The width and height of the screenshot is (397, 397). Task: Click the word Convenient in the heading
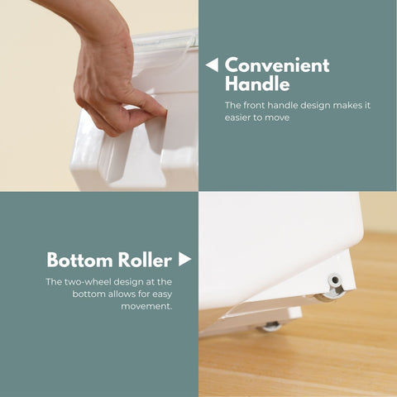coord(277,65)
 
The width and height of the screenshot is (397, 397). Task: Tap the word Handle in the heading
coord(257,84)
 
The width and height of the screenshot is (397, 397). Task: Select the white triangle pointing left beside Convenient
coord(212,65)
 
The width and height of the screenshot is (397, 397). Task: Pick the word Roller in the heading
coord(146,260)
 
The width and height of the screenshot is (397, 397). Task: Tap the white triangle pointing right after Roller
coord(184,259)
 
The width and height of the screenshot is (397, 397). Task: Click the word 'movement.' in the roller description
coord(146,306)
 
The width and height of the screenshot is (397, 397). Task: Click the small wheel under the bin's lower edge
coord(269,326)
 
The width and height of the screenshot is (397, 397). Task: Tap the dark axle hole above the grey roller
coord(335,280)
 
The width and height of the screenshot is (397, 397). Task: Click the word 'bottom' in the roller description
coord(88,294)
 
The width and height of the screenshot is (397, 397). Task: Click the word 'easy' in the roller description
coord(162,294)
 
